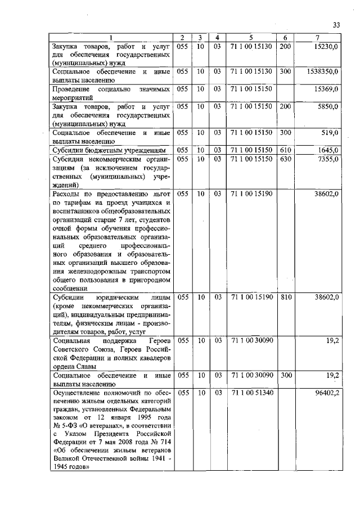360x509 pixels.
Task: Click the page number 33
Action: pos(337,24)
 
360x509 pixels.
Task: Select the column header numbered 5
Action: pos(251,38)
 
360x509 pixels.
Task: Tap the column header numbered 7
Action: pos(318,38)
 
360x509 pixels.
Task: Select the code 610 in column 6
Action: pos(285,150)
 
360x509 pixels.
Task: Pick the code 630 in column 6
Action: pos(285,159)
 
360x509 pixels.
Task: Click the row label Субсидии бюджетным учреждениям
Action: pos(109,151)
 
